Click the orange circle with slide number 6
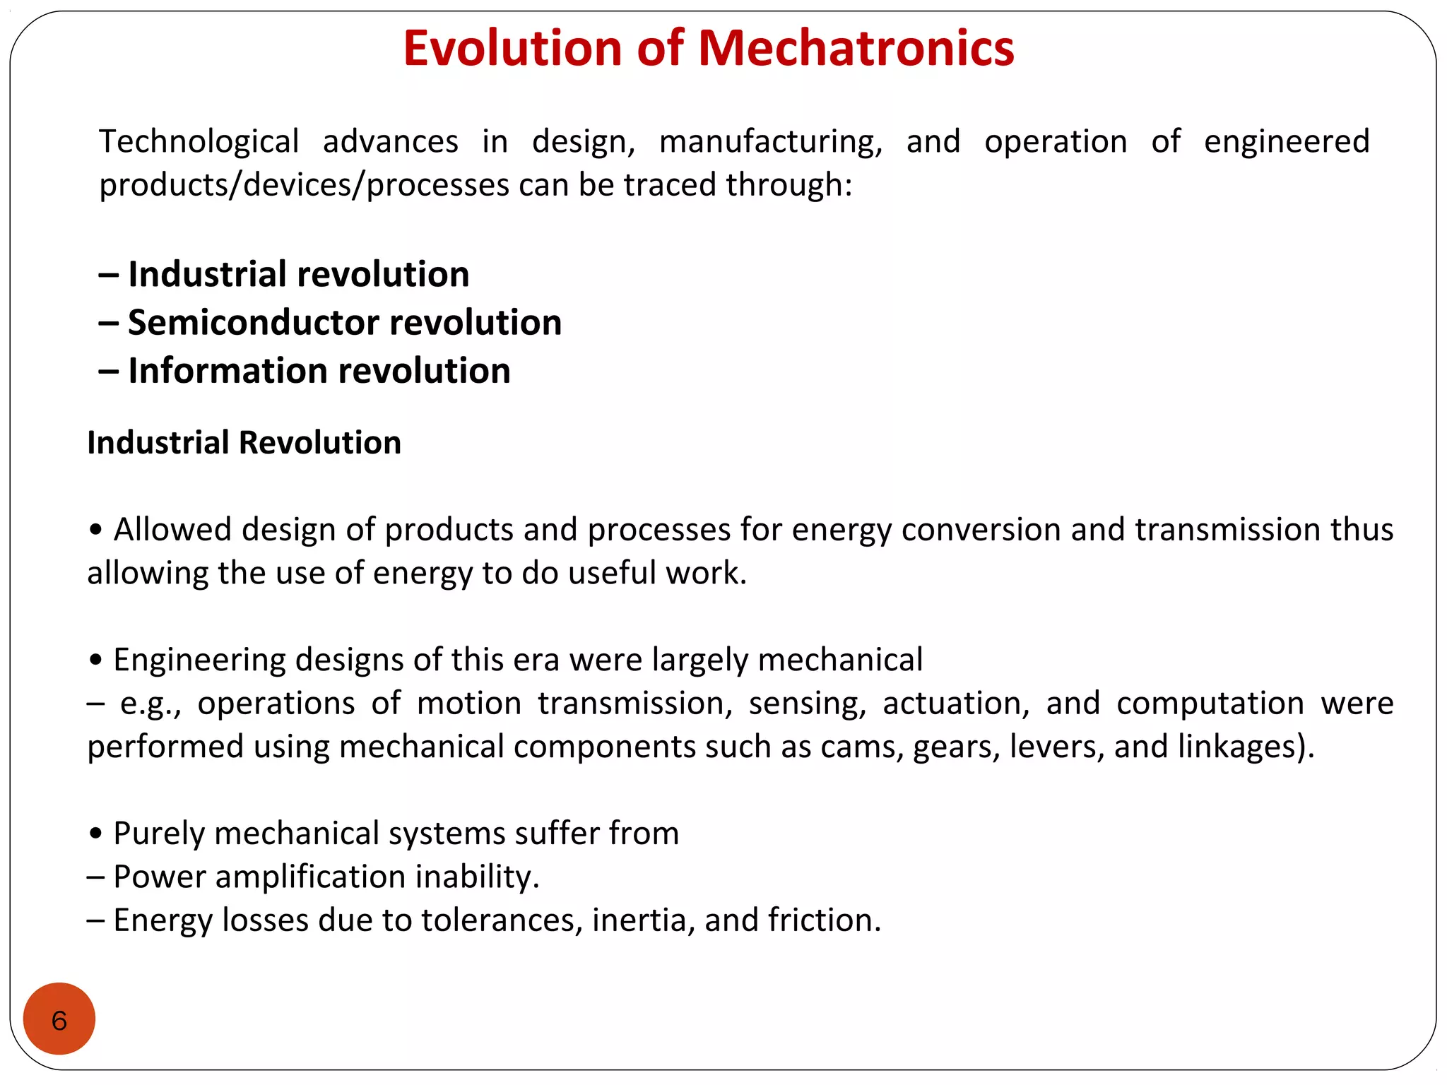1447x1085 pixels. coord(59,1019)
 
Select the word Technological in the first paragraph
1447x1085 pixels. coord(199,141)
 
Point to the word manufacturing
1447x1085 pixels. coord(770,141)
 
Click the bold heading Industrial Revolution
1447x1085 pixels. coord(244,443)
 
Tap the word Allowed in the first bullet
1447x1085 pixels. coord(172,529)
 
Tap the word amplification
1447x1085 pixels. coord(309,877)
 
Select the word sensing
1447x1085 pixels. coord(807,704)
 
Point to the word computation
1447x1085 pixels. coord(1210,704)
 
